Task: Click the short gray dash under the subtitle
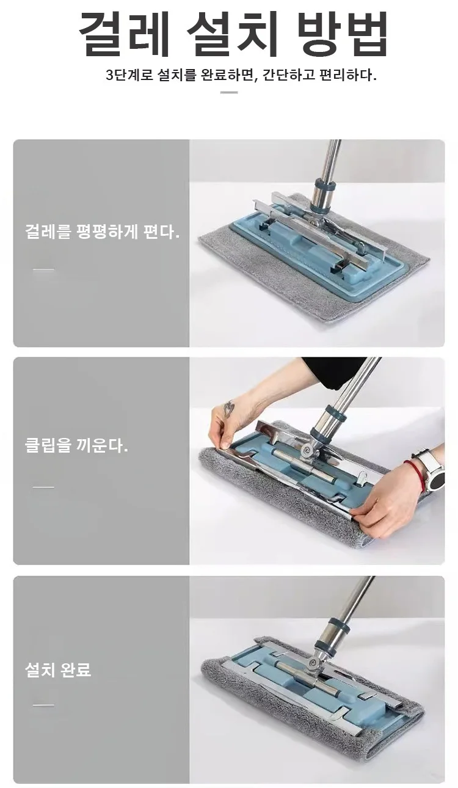point(229,92)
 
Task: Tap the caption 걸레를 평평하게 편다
point(103,232)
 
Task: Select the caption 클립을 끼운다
point(76,446)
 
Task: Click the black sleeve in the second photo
point(334,371)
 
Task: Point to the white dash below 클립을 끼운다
point(43,487)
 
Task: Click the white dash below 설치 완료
point(43,706)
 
